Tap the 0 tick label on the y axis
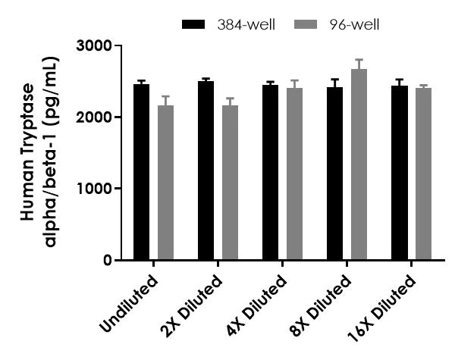coord(107,260)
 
